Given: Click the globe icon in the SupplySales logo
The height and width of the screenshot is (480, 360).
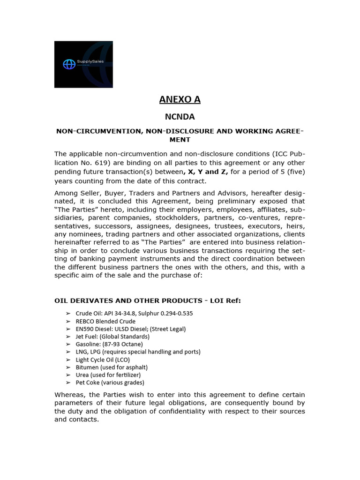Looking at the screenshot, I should click(x=69, y=65).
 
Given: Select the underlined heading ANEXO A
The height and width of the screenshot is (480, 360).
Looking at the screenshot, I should click(x=180, y=99).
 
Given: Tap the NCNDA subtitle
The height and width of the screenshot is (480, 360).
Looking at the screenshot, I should click(x=180, y=116).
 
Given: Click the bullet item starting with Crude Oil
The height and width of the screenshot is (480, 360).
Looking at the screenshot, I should click(x=134, y=313).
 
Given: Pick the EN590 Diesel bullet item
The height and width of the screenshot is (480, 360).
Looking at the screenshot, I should click(x=130, y=329).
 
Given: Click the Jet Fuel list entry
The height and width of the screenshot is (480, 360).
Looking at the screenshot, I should click(x=112, y=337).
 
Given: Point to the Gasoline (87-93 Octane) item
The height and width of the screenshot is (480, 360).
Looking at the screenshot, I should click(x=109, y=344).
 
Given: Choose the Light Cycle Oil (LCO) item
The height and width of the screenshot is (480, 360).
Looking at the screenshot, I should click(x=103, y=360).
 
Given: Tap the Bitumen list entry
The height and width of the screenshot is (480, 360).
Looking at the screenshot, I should click(x=112, y=367).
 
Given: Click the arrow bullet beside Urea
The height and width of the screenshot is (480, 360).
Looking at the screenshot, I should click(x=68, y=375).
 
